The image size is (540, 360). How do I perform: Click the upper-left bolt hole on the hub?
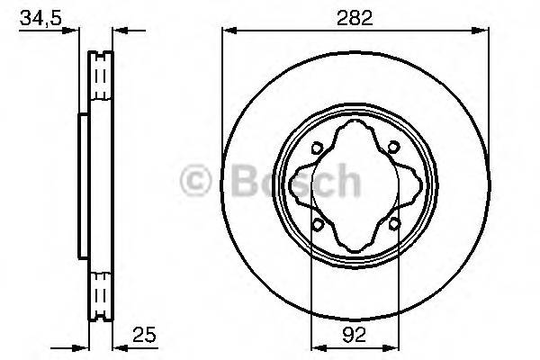point(316,150)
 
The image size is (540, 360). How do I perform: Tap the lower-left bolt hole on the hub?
point(316,224)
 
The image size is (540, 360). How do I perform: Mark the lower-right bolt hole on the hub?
point(393,224)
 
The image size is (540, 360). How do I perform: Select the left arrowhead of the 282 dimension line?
point(228,31)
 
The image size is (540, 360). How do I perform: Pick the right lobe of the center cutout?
point(411,187)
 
